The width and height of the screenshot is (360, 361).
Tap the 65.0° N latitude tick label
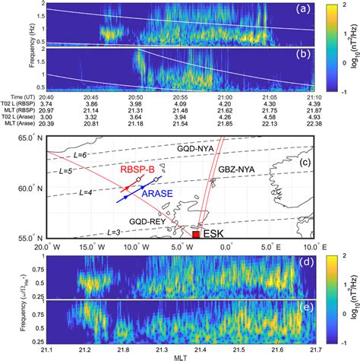point(24,137)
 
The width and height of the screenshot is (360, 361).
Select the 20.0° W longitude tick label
point(47,248)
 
